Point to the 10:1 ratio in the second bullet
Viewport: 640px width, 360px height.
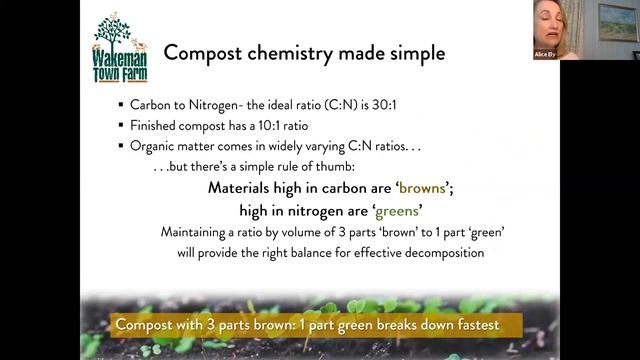click(x=254, y=127)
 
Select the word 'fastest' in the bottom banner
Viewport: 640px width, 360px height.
click(x=466, y=325)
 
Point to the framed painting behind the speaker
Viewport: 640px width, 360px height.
click(x=616, y=19)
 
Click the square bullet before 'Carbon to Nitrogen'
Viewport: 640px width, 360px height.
click(x=121, y=105)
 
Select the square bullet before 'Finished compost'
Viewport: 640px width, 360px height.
click(x=121, y=127)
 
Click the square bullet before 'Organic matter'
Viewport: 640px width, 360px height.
click(x=121, y=146)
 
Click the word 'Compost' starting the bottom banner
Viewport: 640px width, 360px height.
click(x=147, y=325)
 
